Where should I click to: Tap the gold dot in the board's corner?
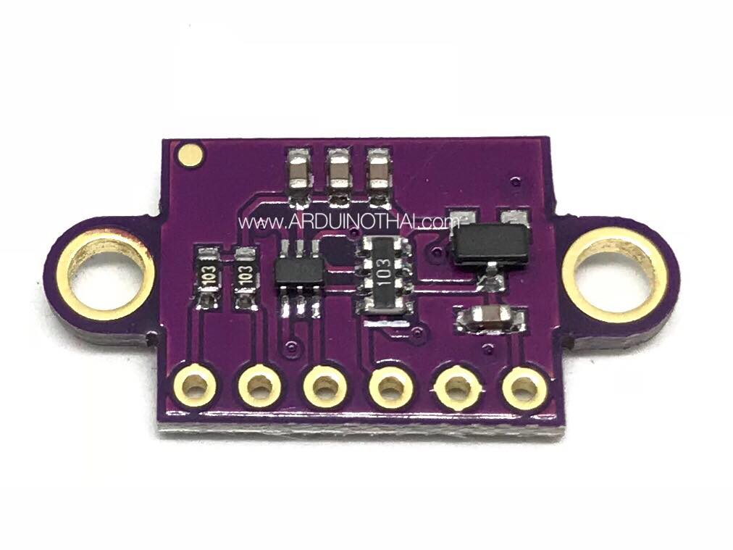click(x=190, y=154)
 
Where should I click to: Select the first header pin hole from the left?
click(x=196, y=387)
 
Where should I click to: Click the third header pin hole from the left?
click(x=325, y=388)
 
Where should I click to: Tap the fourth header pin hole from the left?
click(x=391, y=388)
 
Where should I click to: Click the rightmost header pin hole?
click(x=524, y=388)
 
